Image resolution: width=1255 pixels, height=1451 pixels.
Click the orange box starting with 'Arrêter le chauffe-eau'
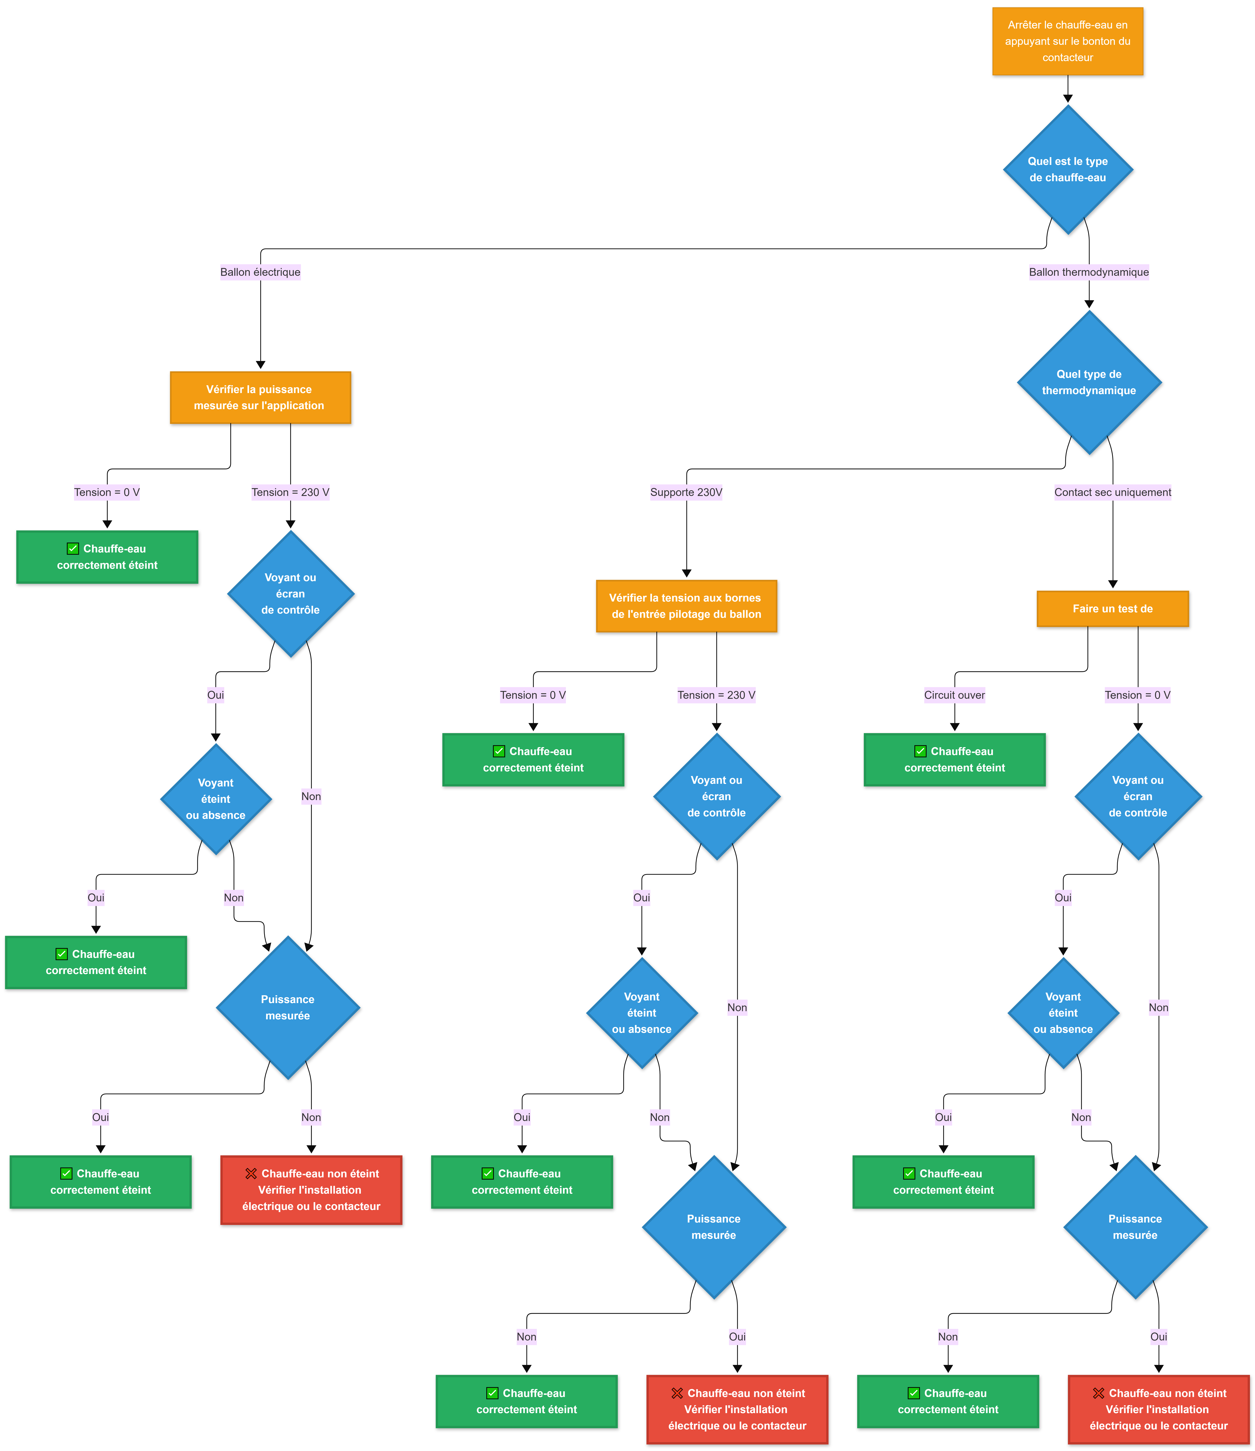(1067, 41)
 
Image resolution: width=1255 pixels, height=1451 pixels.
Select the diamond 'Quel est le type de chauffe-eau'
(1067, 170)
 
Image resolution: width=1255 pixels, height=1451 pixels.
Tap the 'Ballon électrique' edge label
(261, 272)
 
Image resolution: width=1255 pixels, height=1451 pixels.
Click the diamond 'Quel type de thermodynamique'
(1089, 382)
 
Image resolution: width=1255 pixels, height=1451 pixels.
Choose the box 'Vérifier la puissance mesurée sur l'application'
(261, 398)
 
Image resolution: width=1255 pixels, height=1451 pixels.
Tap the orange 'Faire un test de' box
(1113, 609)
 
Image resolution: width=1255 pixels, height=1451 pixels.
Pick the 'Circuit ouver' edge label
(955, 695)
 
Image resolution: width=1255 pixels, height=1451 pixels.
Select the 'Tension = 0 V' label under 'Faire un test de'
(1137, 695)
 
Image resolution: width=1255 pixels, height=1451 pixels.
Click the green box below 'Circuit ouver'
(955, 760)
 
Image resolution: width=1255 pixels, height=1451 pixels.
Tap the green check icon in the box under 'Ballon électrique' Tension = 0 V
(73, 548)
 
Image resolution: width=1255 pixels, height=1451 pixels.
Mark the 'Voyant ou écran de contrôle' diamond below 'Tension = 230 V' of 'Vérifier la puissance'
(291, 594)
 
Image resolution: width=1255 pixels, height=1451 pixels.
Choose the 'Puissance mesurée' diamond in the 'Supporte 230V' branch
(714, 1227)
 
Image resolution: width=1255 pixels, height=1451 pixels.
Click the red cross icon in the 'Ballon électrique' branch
(251, 1174)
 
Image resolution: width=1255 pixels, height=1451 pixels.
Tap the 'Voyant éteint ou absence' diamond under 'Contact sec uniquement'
(1063, 1013)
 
